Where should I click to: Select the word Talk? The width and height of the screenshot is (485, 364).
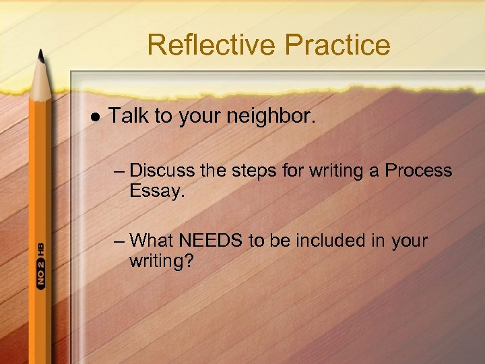click(x=129, y=116)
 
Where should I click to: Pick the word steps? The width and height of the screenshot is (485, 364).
click(x=253, y=171)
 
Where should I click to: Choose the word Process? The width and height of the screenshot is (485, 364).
click(x=418, y=171)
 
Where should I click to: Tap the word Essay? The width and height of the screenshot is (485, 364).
click(x=156, y=191)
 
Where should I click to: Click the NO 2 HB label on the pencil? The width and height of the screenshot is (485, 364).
click(x=40, y=267)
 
